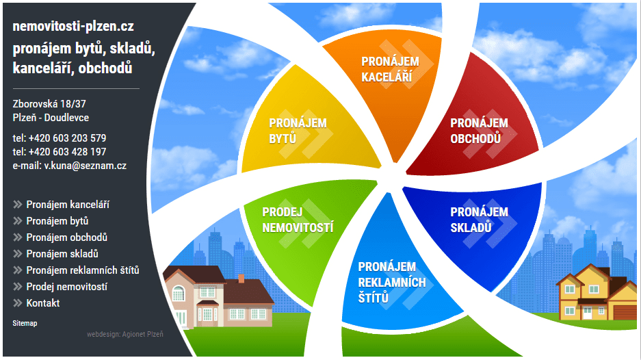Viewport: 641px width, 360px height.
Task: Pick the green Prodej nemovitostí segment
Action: pyautogui.click(x=302, y=229)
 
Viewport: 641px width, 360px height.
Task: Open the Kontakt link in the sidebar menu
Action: pyautogui.click(x=43, y=303)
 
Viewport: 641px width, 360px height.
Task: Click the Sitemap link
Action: pyautogui.click(x=25, y=323)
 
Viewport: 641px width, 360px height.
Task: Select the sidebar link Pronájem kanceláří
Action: pyautogui.click(x=68, y=205)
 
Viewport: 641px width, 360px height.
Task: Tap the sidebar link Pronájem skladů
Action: pyautogui.click(x=62, y=254)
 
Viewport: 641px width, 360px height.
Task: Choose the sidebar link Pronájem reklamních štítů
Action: pyautogui.click(x=83, y=270)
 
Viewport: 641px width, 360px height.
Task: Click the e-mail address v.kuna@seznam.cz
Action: pyautogui.click(x=86, y=166)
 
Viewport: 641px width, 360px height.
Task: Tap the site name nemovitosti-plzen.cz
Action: pyautogui.click(x=73, y=26)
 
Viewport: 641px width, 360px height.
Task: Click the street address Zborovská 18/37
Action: pyautogui.click(x=49, y=104)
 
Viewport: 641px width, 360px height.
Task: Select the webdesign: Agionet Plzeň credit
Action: pyautogui.click(x=125, y=334)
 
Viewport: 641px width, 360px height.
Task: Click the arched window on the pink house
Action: pyautogui.click(x=179, y=294)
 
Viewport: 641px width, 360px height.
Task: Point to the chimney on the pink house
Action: pyautogui.click(x=241, y=279)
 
